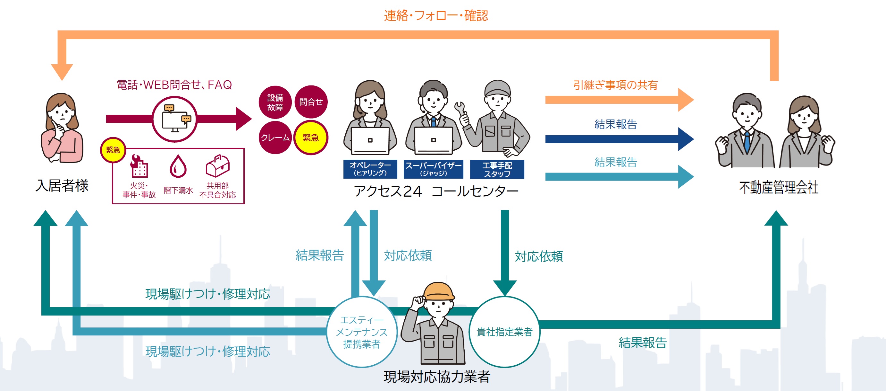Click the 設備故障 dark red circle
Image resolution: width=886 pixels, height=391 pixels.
(275, 102)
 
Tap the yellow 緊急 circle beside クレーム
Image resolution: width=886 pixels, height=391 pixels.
(311, 138)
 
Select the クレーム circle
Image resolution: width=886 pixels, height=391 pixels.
(275, 138)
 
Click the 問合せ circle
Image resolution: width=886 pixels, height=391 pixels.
(311, 102)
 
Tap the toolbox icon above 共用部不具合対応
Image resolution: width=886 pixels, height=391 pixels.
(217, 166)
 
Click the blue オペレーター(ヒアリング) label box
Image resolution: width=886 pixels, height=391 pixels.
(370, 169)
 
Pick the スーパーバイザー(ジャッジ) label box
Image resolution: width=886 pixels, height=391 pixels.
(433, 169)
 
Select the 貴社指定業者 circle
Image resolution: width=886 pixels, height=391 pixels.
(504, 332)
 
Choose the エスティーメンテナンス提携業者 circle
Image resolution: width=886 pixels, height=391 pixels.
(362, 332)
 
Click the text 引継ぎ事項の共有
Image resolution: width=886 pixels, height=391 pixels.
(615, 85)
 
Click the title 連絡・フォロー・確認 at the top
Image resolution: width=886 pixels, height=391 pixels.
(436, 16)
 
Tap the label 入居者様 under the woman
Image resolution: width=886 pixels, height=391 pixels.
(62, 186)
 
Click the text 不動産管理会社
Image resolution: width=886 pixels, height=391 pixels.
(778, 188)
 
